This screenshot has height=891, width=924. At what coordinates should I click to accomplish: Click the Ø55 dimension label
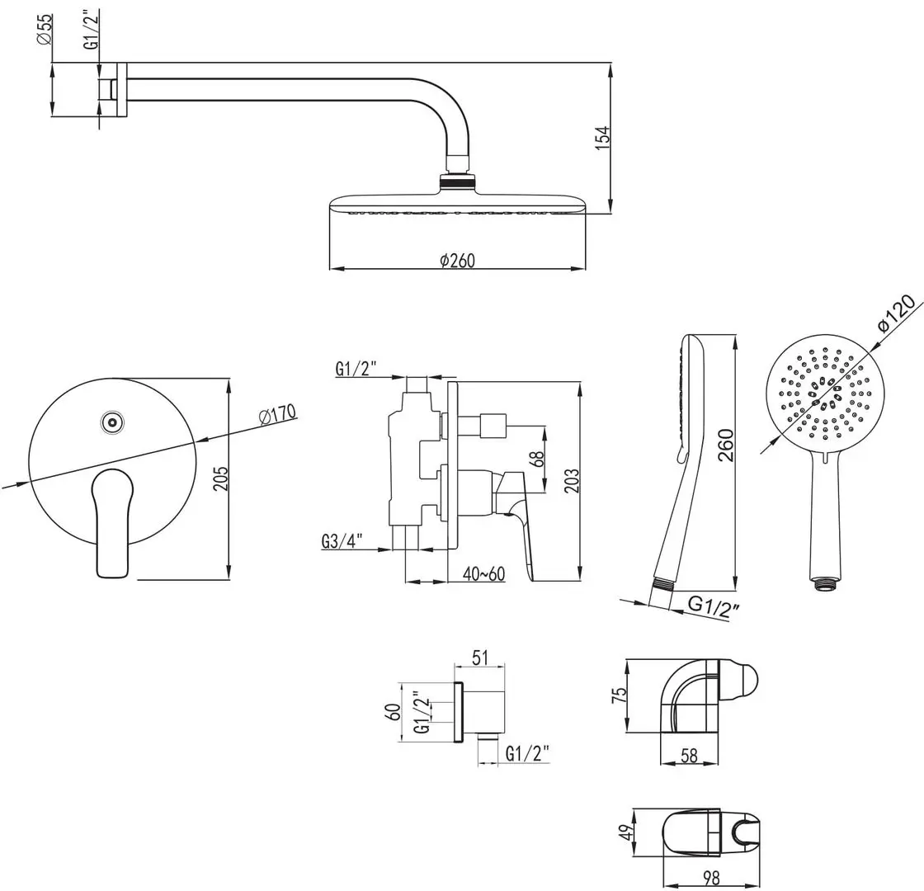(45, 31)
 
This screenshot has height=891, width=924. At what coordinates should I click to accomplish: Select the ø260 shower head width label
(458, 260)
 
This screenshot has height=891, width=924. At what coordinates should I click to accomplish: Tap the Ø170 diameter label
(277, 415)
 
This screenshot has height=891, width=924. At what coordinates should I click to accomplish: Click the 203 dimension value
(571, 482)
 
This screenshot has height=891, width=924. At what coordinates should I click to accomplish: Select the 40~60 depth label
(483, 573)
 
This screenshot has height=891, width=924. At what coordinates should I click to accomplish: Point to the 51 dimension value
(480, 658)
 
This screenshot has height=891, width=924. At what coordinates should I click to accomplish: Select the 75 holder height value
(615, 695)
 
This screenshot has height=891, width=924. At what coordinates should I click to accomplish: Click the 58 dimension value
(691, 755)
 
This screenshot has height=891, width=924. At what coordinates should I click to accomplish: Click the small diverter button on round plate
(111, 423)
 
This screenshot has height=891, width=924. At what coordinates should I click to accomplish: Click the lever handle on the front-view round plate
(112, 523)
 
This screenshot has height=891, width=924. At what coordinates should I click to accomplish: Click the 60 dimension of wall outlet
(394, 711)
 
